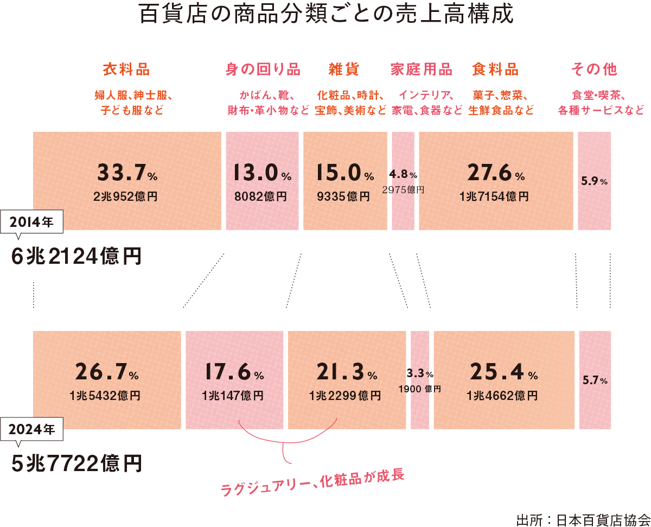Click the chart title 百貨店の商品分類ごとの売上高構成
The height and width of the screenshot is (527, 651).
click(325, 15)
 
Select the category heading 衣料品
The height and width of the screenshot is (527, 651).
click(126, 69)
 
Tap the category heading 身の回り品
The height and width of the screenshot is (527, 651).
click(263, 69)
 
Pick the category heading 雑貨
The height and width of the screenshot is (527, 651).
click(344, 69)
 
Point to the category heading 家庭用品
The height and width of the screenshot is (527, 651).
click(422, 69)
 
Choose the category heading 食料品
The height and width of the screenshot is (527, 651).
click(495, 69)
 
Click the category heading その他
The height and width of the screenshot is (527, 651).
click(595, 69)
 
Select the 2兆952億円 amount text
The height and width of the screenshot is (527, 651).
click(125, 196)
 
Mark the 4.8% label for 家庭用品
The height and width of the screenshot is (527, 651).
click(403, 175)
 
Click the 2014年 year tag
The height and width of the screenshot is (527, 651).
click(33, 221)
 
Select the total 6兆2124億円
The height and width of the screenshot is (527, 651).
click(76, 257)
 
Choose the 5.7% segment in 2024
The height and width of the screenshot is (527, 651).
click(595, 380)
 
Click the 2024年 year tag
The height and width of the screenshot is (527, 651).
click(33, 429)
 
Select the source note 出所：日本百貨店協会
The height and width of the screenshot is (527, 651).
click(583, 519)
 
